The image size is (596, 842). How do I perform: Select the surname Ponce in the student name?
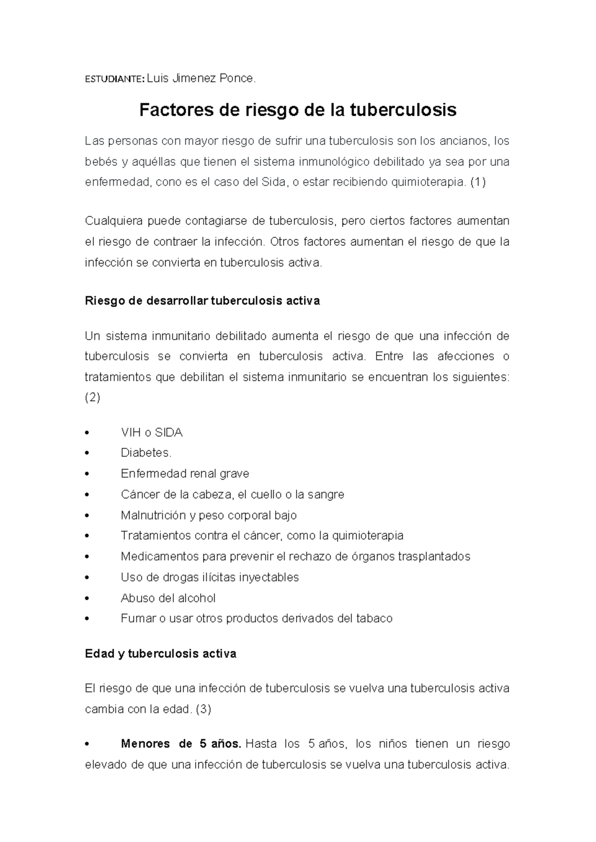pyautogui.click(x=237, y=78)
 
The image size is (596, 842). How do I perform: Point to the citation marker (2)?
pyautogui.click(x=92, y=398)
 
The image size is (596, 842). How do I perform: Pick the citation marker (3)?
pyautogui.click(x=204, y=709)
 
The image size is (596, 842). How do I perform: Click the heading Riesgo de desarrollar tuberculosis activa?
pyautogui.click(x=203, y=301)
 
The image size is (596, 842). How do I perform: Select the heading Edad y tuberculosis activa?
pyautogui.click(x=160, y=654)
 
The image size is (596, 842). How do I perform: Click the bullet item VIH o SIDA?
pyautogui.click(x=151, y=433)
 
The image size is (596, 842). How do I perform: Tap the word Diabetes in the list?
pyautogui.click(x=145, y=453)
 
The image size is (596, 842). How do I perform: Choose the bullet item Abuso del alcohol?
pyautogui.click(x=168, y=598)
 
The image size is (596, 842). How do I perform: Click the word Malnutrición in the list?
pyautogui.click(x=152, y=515)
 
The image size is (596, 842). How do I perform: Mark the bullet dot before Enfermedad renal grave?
pyautogui.click(x=87, y=474)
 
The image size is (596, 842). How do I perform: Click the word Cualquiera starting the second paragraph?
pyautogui.click(x=112, y=221)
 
